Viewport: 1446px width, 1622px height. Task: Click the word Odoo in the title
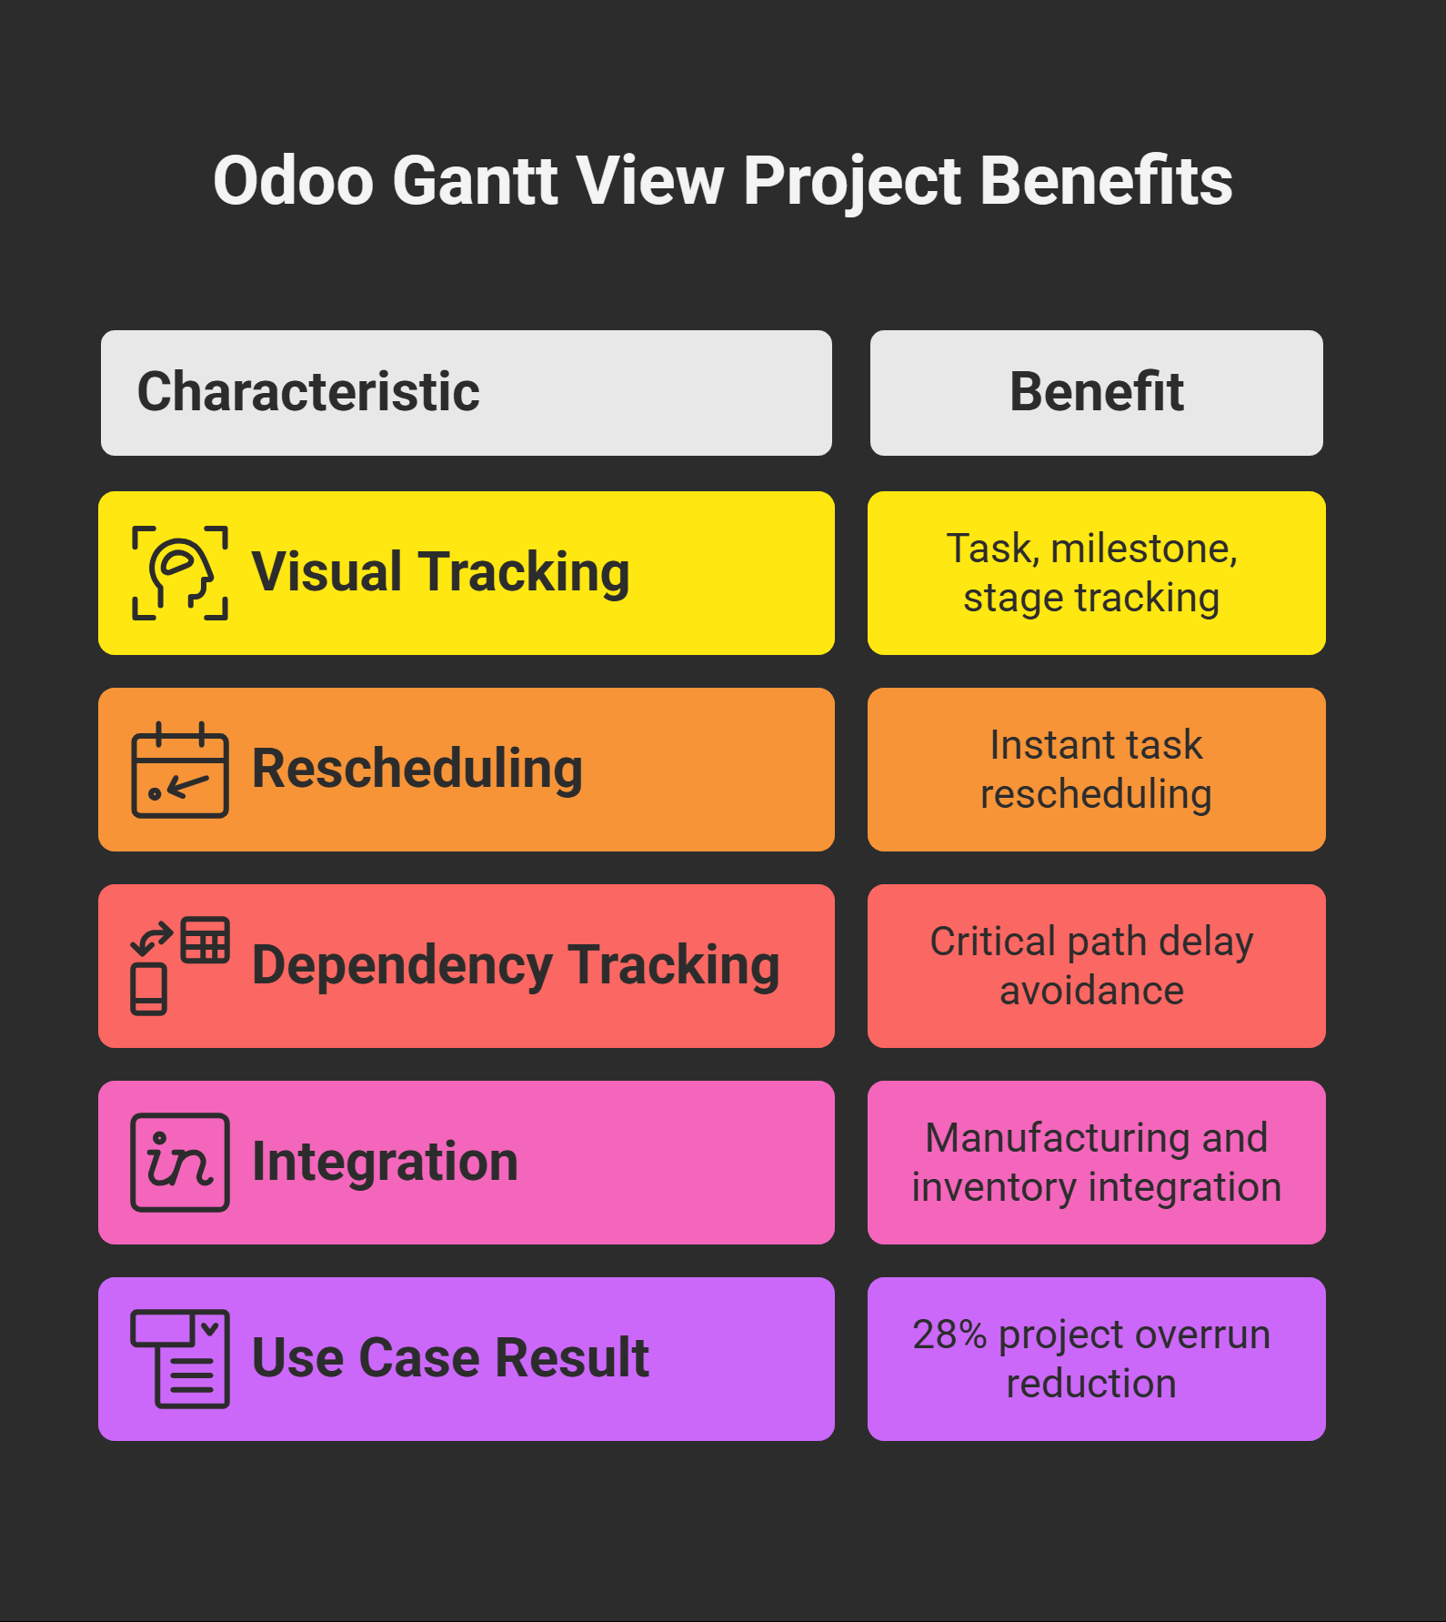[x=293, y=180]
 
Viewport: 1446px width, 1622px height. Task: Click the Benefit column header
[x=1097, y=392]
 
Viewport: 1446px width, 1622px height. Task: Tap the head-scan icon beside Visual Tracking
[x=180, y=573]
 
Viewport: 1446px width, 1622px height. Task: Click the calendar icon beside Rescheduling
[x=180, y=770]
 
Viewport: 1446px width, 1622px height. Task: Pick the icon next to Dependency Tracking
[x=180, y=966]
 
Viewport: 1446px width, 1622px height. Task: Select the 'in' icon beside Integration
[x=180, y=1163]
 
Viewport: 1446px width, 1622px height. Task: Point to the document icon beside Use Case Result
[x=180, y=1359]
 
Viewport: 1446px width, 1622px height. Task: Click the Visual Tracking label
[x=441, y=572]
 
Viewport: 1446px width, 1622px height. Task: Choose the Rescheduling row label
[x=417, y=769]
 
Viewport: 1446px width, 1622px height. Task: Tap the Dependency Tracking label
[x=516, y=965]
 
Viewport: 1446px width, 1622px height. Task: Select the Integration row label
[x=385, y=1162]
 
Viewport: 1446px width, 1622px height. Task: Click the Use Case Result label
[x=450, y=1358]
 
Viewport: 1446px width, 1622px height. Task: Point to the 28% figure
[x=949, y=1335]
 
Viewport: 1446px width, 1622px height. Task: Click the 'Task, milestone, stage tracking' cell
[x=1097, y=573]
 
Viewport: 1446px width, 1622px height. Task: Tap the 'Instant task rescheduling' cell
[x=1097, y=770]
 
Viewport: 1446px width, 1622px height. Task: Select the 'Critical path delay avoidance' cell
[x=1097, y=966]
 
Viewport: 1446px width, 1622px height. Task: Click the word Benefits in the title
[x=1106, y=180]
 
